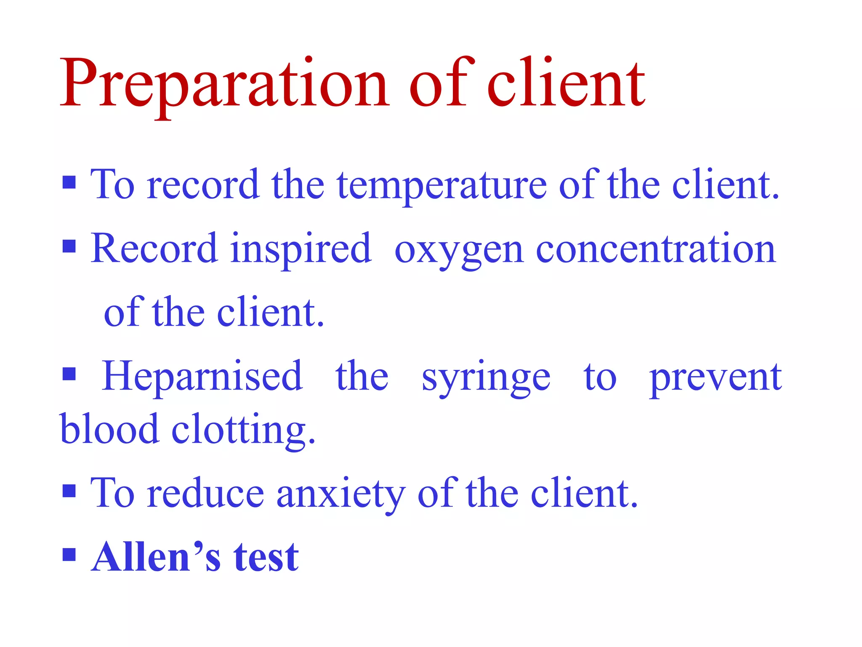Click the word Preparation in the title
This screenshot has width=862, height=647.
(x=223, y=84)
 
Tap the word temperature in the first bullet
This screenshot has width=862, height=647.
(x=442, y=185)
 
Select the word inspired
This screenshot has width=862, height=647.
(x=301, y=249)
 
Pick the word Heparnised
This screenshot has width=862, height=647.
(x=202, y=376)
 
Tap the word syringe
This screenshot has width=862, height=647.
(x=486, y=378)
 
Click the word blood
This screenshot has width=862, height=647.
(x=109, y=429)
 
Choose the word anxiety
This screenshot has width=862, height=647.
(x=341, y=494)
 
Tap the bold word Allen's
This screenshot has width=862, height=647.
(x=156, y=557)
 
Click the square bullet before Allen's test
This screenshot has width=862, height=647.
(x=69, y=555)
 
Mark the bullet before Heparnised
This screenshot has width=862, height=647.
(x=69, y=374)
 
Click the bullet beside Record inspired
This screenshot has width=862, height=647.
(x=69, y=246)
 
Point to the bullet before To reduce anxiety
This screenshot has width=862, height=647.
(x=69, y=491)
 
